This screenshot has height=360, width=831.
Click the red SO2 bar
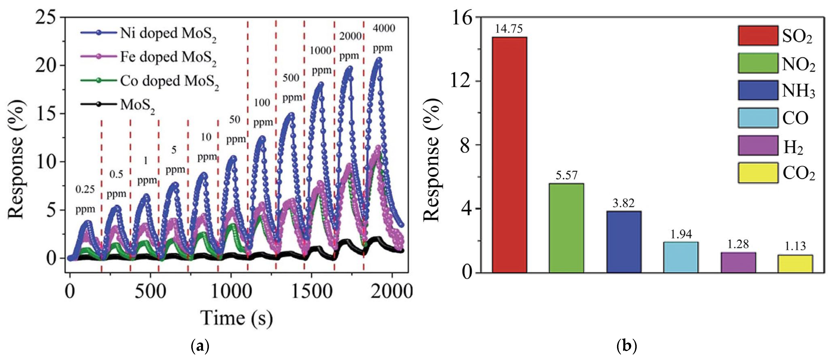509,155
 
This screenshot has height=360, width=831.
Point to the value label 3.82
624,203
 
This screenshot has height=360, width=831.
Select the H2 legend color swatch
758,146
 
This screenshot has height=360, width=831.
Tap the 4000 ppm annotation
383,38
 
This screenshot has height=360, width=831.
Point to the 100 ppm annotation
262,112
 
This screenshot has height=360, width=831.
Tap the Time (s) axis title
237,318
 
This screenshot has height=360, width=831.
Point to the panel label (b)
627,347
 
